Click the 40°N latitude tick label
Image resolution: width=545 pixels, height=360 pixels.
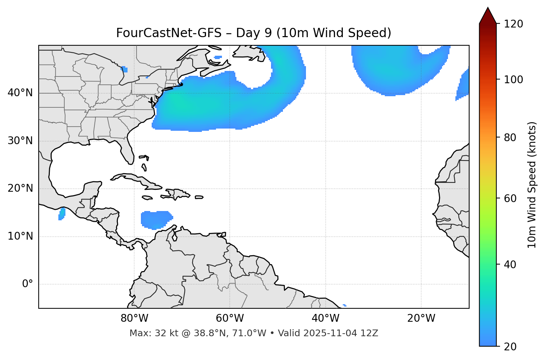pos(20,93)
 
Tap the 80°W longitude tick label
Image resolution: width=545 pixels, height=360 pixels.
pos(134,318)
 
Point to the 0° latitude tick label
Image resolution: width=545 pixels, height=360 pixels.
pos(28,284)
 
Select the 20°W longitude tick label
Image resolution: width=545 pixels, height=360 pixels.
pos(421,318)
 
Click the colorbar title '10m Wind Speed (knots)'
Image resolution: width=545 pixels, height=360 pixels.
pos(532,185)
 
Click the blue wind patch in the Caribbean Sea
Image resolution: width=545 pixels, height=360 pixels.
pos(155,219)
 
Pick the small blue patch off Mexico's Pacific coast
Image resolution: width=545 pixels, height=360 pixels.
pos(62,214)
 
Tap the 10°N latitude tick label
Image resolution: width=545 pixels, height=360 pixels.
pos(20,236)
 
